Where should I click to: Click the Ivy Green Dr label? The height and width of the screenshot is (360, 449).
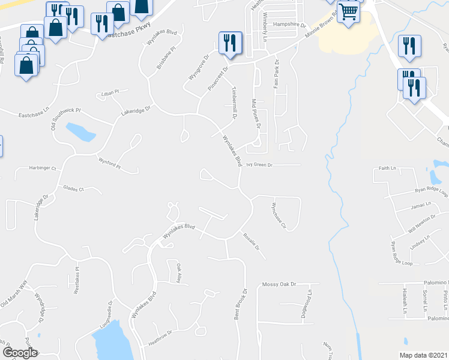(259, 164)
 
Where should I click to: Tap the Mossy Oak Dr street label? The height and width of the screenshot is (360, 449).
(280, 284)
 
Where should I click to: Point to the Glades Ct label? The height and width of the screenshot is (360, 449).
(74, 188)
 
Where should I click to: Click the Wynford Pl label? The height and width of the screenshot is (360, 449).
(110, 163)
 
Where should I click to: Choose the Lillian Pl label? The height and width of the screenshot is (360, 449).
(110, 92)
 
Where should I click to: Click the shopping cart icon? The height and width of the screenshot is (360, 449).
(348, 11)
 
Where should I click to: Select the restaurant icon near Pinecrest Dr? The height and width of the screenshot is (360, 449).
(230, 43)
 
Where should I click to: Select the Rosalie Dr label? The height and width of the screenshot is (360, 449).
(252, 242)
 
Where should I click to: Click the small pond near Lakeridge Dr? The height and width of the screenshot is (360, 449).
(80, 132)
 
